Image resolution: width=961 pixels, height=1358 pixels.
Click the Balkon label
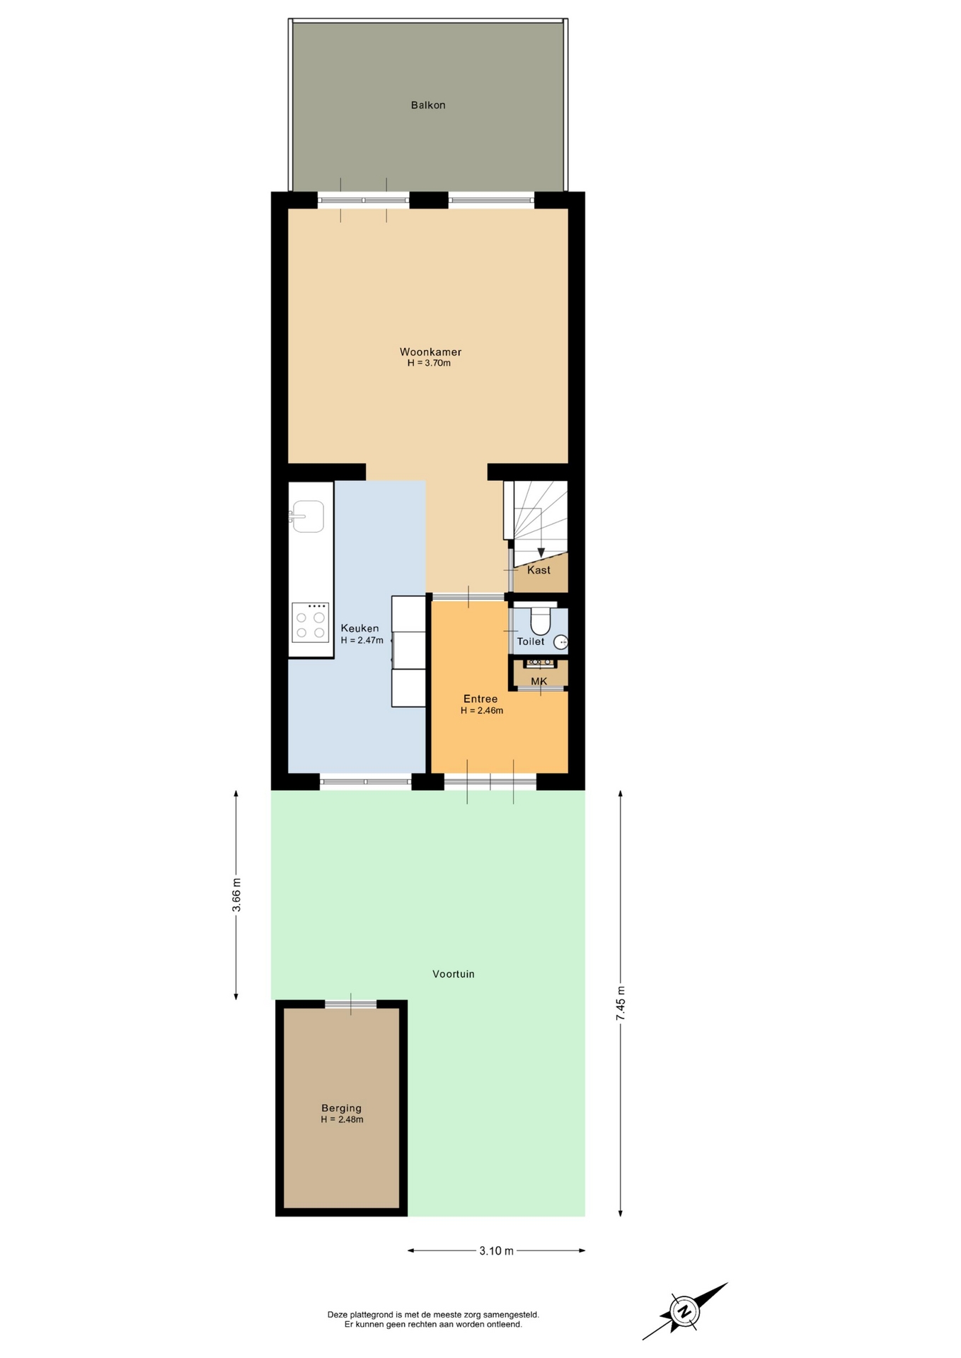point(428,105)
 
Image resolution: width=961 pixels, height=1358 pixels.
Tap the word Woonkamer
point(430,352)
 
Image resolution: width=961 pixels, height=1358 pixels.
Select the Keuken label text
point(359,628)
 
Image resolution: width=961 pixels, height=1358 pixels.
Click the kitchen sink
point(306,516)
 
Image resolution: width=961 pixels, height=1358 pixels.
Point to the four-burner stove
point(311,622)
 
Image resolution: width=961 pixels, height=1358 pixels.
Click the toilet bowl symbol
point(541,620)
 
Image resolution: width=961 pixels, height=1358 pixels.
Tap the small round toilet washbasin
point(560,642)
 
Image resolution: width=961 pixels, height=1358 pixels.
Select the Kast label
point(539,570)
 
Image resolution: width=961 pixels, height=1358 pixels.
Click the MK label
point(539,682)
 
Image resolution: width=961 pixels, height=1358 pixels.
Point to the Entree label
point(480,699)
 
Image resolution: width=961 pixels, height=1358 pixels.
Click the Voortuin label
point(454,974)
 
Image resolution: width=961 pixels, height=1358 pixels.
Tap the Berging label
point(341,1108)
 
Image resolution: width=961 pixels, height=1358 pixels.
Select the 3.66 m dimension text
point(236,895)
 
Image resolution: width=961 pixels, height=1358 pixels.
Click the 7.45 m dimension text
point(621,1003)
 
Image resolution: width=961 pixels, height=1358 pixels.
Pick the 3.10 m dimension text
point(496,1250)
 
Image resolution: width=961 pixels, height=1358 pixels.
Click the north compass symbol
point(685,1311)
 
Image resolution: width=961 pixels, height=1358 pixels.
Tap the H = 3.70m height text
point(429,364)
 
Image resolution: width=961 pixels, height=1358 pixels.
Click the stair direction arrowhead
point(541,553)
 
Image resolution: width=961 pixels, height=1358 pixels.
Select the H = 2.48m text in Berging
point(342,1120)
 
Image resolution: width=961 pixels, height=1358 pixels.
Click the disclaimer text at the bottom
point(433,1319)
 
